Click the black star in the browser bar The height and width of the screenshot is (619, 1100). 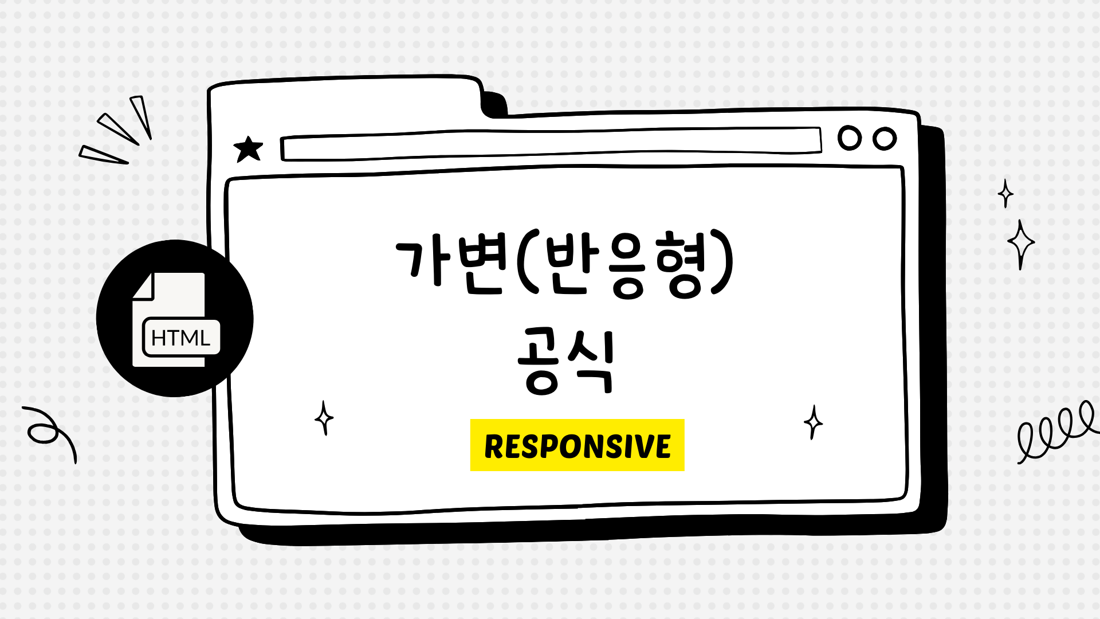point(248,150)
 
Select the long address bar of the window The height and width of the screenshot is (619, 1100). point(550,144)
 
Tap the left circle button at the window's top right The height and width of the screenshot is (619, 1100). point(850,138)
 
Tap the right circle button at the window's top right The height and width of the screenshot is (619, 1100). point(885,139)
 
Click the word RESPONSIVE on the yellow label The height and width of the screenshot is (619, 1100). point(577,446)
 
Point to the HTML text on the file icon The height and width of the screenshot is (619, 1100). point(180,338)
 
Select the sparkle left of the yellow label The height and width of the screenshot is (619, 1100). point(324,418)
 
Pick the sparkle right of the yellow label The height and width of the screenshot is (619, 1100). point(813,422)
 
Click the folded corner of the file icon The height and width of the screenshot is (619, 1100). point(143,285)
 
